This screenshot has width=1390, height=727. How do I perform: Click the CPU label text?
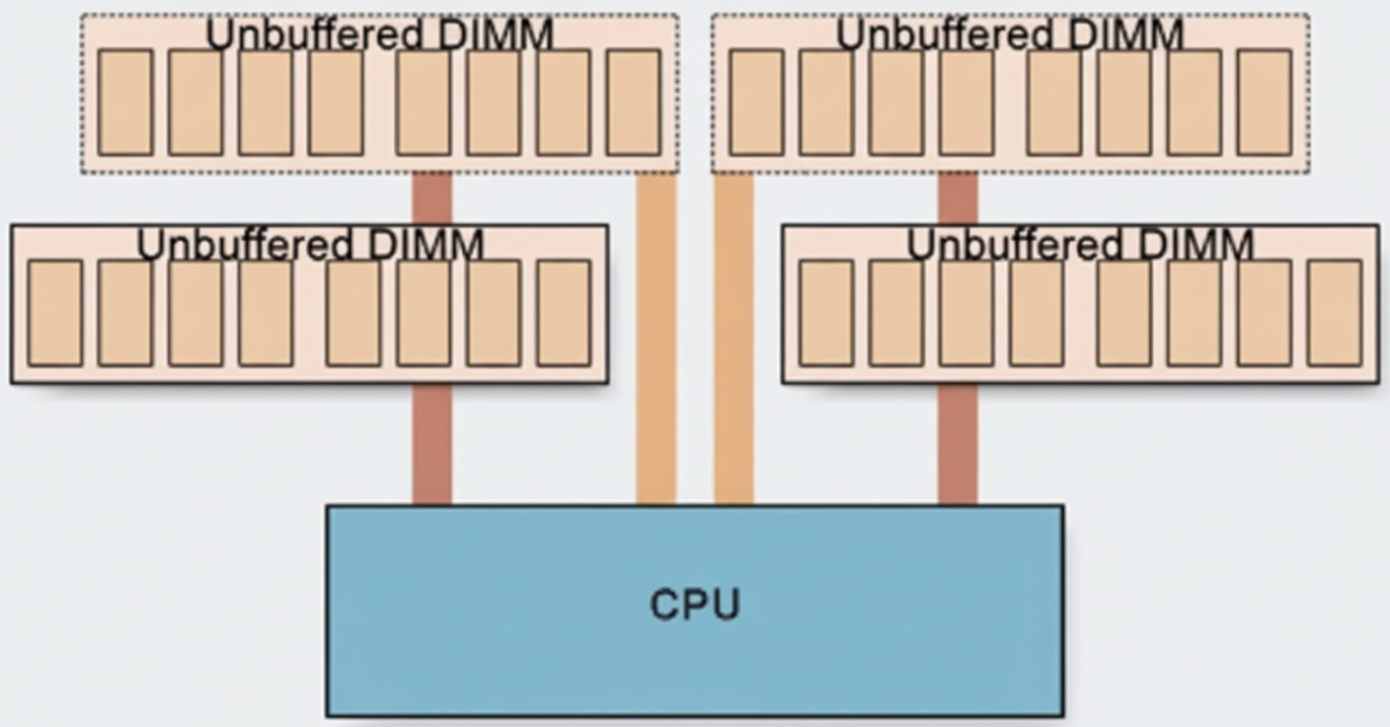[x=694, y=605]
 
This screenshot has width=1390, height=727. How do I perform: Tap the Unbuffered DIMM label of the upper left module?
[x=379, y=36]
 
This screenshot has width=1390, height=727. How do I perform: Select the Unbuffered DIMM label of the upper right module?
[x=1009, y=36]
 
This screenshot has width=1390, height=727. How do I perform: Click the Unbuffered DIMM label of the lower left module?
[x=310, y=245]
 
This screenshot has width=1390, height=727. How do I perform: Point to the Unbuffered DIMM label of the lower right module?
[x=1080, y=245]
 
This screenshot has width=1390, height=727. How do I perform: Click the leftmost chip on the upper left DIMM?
[x=125, y=103]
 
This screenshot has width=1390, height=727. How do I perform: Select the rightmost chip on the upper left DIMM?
[x=633, y=103]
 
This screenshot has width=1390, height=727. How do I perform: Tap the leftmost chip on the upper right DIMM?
[x=756, y=103]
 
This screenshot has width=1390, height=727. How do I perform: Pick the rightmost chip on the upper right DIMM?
[x=1264, y=103]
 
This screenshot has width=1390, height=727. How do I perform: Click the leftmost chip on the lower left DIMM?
[x=54, y=313]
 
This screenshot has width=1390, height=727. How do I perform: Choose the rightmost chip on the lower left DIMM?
[x=564, y=313]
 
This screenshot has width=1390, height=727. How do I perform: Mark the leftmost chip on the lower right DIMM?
[x=826, y=313]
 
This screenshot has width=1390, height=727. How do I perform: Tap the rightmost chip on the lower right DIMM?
[x=1334, y=313]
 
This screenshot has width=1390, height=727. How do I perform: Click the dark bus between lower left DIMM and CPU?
[x=432, y=444]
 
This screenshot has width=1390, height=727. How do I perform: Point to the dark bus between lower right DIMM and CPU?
[x=958, y=444]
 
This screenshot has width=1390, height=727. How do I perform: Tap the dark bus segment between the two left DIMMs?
[x=432, y=199]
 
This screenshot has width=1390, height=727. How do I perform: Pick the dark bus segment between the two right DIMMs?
[x=958, y=199]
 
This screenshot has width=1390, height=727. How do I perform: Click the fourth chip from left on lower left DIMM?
[x=266, y=313]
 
